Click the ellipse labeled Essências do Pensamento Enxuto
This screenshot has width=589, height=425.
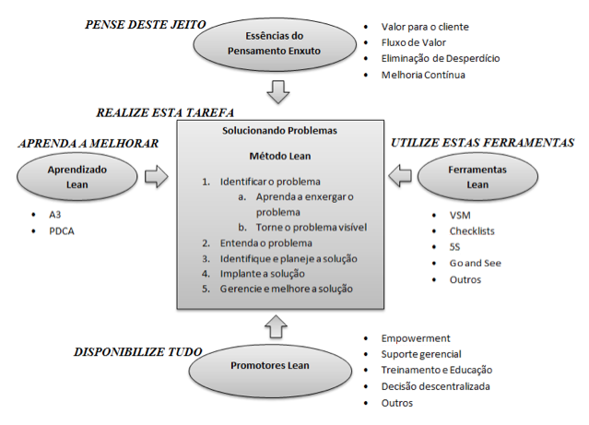click(x=275, y=44)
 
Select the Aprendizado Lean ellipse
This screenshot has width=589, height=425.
click(x=77, y=177)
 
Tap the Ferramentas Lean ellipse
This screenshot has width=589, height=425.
click(x=477, y=177)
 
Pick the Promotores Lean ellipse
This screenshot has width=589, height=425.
click(x=270, y=371)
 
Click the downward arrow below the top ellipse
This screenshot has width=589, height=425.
click(x=278, y=91)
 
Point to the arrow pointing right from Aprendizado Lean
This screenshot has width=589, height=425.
click(x=157, y=176)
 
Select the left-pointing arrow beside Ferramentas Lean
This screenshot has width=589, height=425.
click(x=400, y=175)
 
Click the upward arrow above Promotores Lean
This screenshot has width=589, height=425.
click(x=276, y=326)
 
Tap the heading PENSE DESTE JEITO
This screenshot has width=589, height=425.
click(x=146, y=25)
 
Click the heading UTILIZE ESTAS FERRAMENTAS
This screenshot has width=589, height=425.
click(x=483, y=143)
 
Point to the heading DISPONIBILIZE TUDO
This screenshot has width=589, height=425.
click(x=138, y=352)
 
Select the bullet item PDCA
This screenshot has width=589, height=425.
click(x=62, y=231)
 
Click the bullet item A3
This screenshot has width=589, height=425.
click(x=54, y=215)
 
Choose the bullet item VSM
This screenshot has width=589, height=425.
click(x=460, y=216)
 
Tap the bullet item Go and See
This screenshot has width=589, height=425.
click(x=476, y=263)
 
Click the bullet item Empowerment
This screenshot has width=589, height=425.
click(x=416, y=338)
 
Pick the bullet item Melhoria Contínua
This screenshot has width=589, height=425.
click(x=423, y=75)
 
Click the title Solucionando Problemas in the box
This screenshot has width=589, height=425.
click(x=280, y=130)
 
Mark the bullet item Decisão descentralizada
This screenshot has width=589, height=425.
click(x=435, y=386)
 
